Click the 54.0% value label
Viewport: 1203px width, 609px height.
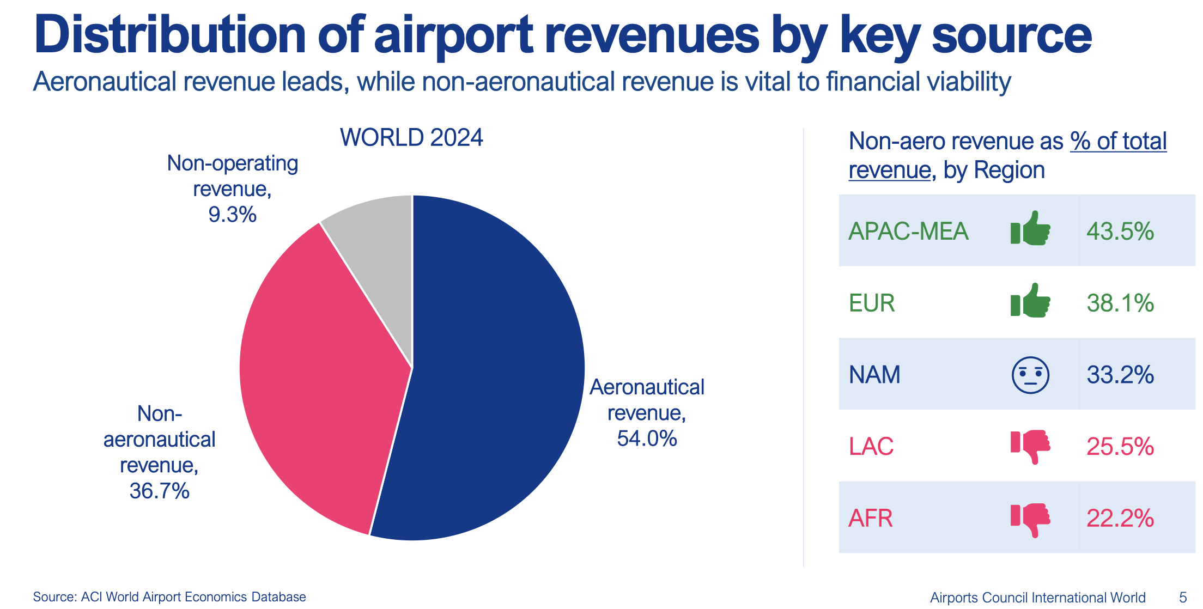(x=647, y=439)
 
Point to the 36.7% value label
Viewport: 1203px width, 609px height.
(x=159, y=491)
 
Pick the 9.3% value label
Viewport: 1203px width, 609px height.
(x=232, y=215)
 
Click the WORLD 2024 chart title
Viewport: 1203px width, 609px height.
(x=411, y=138)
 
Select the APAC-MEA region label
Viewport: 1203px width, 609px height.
(x=908, y=232)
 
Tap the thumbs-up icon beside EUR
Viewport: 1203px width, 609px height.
(x=1030, y=301)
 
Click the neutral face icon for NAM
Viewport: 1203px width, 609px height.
(x=1030, y=375)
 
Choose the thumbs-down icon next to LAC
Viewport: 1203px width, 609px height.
(x=1030, y=446)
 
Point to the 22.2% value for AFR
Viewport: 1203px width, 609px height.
(x=1120, y=518)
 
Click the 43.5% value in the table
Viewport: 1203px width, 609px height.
(x=1120, y=232)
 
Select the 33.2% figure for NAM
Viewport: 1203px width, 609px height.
(x=1120, y=375)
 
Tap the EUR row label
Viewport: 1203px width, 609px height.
(x=872, y=303)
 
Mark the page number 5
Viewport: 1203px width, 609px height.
(x=1183, y=597)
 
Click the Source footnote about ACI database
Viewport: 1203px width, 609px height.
(x=169, y=597)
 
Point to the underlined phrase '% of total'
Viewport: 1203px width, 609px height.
(x=1118, y=142)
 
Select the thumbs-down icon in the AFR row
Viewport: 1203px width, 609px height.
(x=1030, y=519)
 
